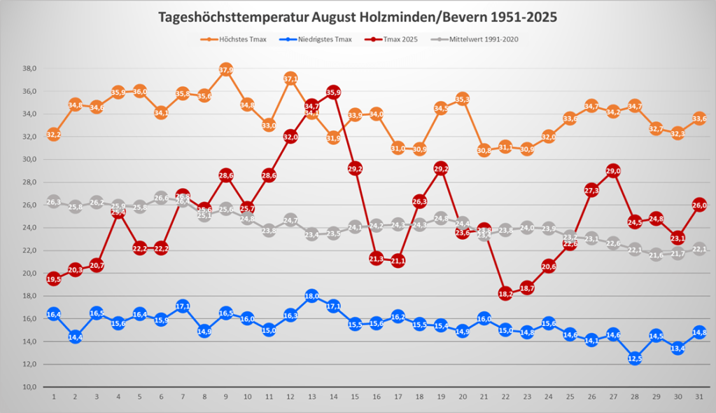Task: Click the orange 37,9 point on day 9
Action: [225, 69]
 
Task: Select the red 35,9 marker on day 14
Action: [334, 93]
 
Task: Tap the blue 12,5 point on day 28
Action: [635, 358]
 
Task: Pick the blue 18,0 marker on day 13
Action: [312, 296]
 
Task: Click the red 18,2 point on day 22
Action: [505, 294]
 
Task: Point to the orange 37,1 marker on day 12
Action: [290, 79]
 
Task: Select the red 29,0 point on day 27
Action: [614, 171]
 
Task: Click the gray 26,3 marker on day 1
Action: [54, 202]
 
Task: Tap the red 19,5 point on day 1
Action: [54, 279]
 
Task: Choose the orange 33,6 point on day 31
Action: [699, 119]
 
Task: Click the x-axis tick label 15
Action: [356, 397]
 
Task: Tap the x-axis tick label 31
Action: [699, 397]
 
